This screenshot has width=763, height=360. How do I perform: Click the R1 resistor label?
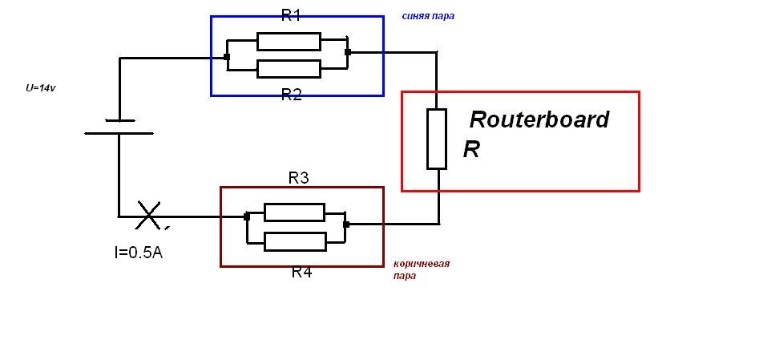[292, 16]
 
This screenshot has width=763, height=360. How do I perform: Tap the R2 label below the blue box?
[292, 95]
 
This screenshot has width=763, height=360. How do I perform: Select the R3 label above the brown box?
[299, 178]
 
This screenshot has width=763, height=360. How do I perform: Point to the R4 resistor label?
[301, 272]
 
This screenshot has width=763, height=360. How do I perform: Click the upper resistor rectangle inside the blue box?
[289, 42]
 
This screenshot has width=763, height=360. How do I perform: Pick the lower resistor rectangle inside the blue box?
[289, 69]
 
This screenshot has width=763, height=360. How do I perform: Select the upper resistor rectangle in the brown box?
[294, 212]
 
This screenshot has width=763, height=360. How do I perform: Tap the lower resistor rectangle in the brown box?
[295, 242]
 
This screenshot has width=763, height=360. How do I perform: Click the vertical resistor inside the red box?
[437, 140]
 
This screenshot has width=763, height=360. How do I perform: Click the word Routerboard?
[539, 119]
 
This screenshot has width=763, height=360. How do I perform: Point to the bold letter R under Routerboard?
[471, 149]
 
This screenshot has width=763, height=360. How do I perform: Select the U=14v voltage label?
[40, 88]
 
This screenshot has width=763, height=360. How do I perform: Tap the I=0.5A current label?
[138, 252]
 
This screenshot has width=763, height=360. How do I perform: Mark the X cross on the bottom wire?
[148, 215]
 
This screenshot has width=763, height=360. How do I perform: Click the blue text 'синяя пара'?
[428, 16]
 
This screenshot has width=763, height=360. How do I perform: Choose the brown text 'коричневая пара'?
[422, 270]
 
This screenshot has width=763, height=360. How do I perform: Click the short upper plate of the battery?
[119, 120]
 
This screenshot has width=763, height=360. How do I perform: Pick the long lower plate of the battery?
[119, 133]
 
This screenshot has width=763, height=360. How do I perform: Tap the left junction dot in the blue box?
[227, 57]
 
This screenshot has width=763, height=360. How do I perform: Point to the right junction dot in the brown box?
[346, 224]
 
